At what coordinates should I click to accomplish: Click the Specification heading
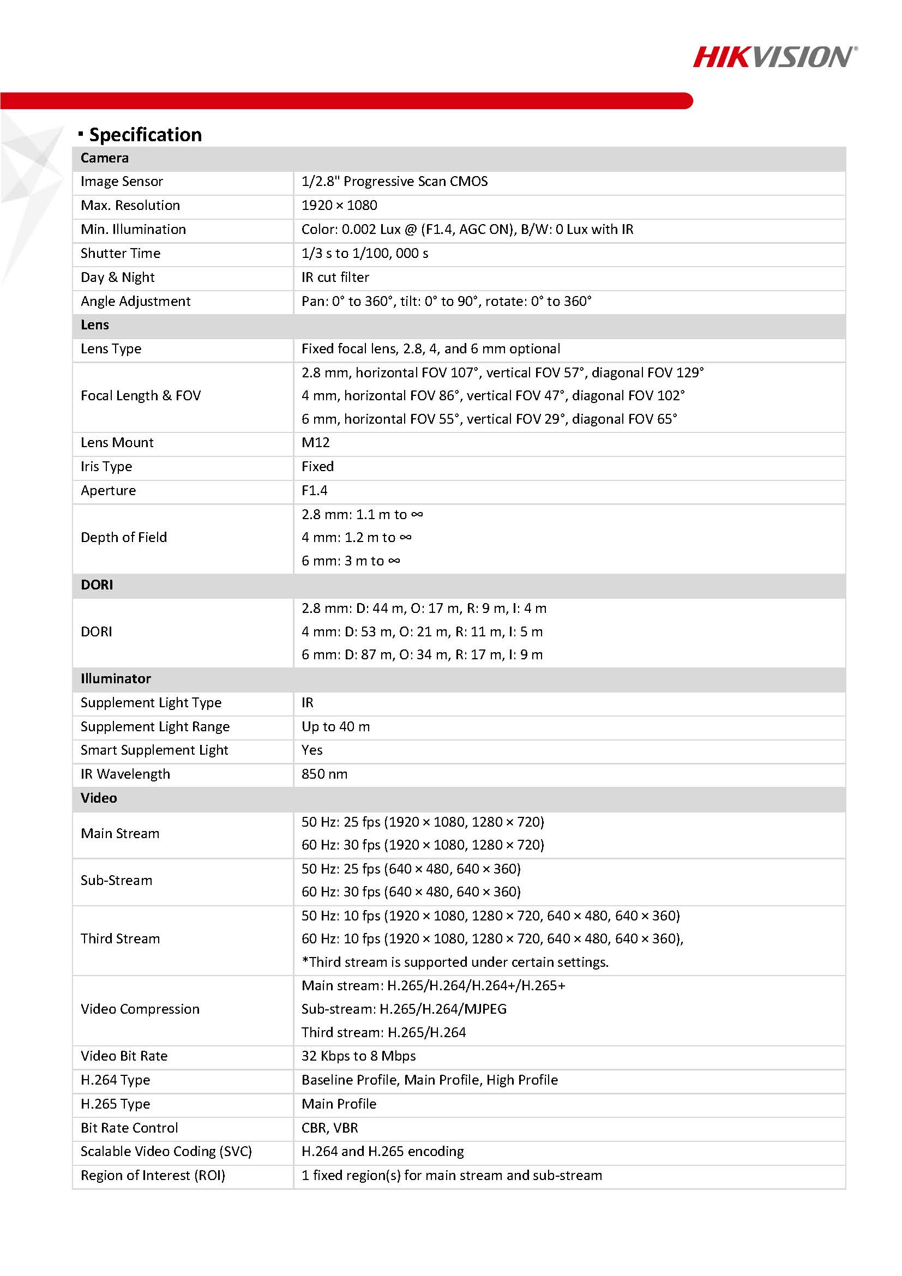pos(145,135)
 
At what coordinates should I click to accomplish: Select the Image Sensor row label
pos(122,181)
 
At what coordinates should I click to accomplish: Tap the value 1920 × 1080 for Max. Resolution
pos(339,205)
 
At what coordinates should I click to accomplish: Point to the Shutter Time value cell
pos(365,253)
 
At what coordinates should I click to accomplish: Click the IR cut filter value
pos(335,277)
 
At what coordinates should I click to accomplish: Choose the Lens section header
pos(95,324)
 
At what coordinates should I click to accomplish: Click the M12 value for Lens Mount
pos(316,442)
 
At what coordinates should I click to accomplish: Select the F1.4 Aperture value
pos(315,490)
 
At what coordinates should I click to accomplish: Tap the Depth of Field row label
pos(123,537)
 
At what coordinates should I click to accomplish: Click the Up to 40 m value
pos(336,726)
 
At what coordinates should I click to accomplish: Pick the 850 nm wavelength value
pos(324,774)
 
